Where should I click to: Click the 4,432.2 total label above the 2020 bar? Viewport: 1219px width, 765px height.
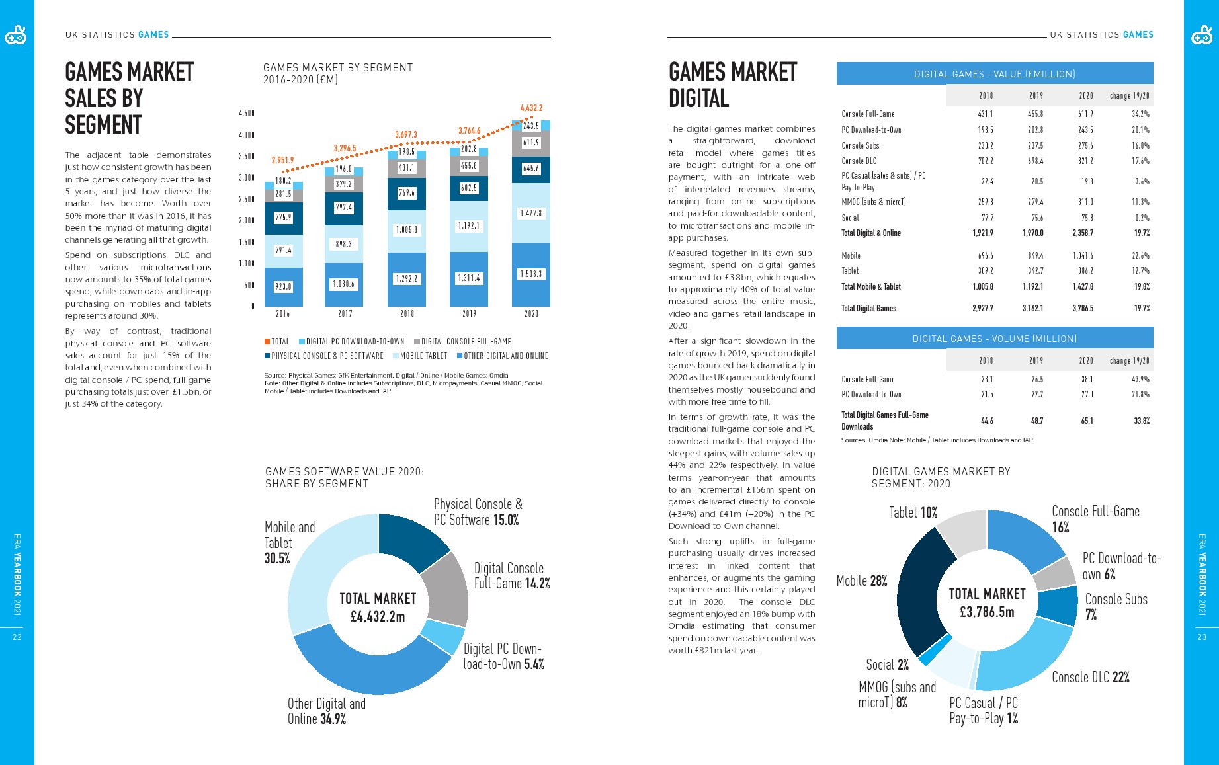pos(531,108)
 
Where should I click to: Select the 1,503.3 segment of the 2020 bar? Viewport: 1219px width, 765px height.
pos(531,274)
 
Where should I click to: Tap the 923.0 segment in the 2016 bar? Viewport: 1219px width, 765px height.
pos(283,286)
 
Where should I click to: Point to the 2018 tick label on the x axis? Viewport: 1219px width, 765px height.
pos(407,313)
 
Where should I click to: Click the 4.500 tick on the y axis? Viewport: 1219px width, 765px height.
pos(246,114)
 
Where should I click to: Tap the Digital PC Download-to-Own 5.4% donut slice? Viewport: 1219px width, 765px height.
pos(442,636)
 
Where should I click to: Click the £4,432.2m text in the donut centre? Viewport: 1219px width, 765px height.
pos(378,616)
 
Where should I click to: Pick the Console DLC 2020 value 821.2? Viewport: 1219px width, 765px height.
pos(1085,161)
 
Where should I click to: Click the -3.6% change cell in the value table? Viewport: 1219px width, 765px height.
pos(1140,181)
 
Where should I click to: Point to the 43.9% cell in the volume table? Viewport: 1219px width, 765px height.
pos(1140,379)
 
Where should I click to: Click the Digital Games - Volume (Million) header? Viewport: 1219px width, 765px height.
pos(994,339)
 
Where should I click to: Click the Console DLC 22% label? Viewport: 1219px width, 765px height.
pos(1090,677)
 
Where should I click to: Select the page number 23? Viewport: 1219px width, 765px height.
pos(1202,637)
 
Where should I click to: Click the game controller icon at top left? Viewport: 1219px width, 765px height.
pos(16,36)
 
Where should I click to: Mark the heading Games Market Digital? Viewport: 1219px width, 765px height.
pos(732,85)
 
